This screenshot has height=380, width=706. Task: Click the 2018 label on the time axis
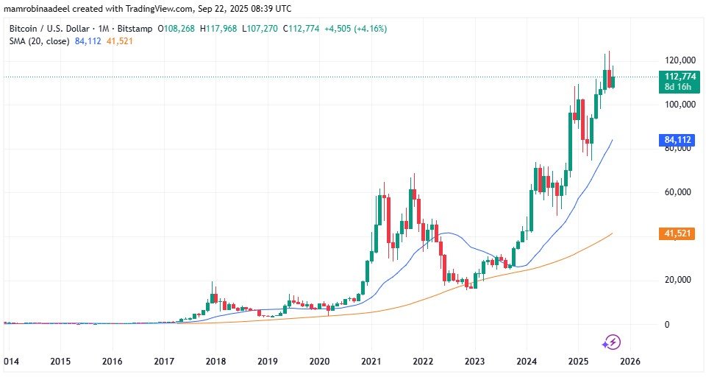pos(215,362)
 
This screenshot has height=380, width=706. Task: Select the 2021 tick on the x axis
pos(371,362)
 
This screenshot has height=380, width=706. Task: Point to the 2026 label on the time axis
pos(630,362)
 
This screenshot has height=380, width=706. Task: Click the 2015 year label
pos(60,362)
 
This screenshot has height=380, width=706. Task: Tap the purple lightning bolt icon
pos(611,342)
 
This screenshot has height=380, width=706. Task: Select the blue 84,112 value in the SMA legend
pos(88,41)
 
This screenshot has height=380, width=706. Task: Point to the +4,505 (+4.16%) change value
pos(356,29)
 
